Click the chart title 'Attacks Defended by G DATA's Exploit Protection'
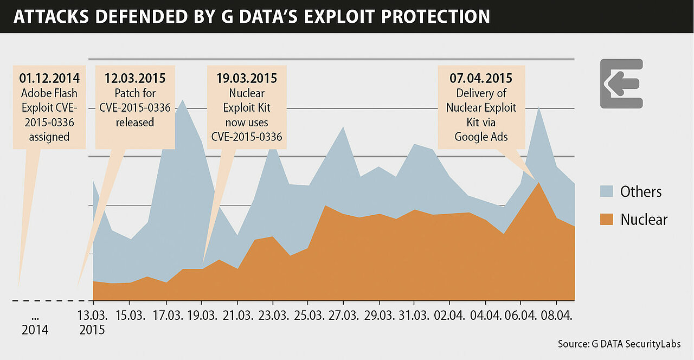coord(251,16)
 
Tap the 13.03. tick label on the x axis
coord(93,315)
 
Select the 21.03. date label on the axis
coord(237,315)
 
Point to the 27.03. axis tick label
coord(343,315)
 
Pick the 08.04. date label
coord(556,315)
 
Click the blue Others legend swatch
coord(606,191)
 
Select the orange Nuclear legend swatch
coord(606,220)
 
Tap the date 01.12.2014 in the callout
coord(49,78)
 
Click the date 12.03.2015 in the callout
coord(135,78)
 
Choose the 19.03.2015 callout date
coord(247,78)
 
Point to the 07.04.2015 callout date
coord(481,78)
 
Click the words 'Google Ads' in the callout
coord(481,137)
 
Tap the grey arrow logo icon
coord(621,83)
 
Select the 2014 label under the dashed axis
coord(35,330)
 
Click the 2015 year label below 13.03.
coord(92,330)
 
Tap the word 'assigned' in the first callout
coord(49,137)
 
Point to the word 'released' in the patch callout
coord(135,123)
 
